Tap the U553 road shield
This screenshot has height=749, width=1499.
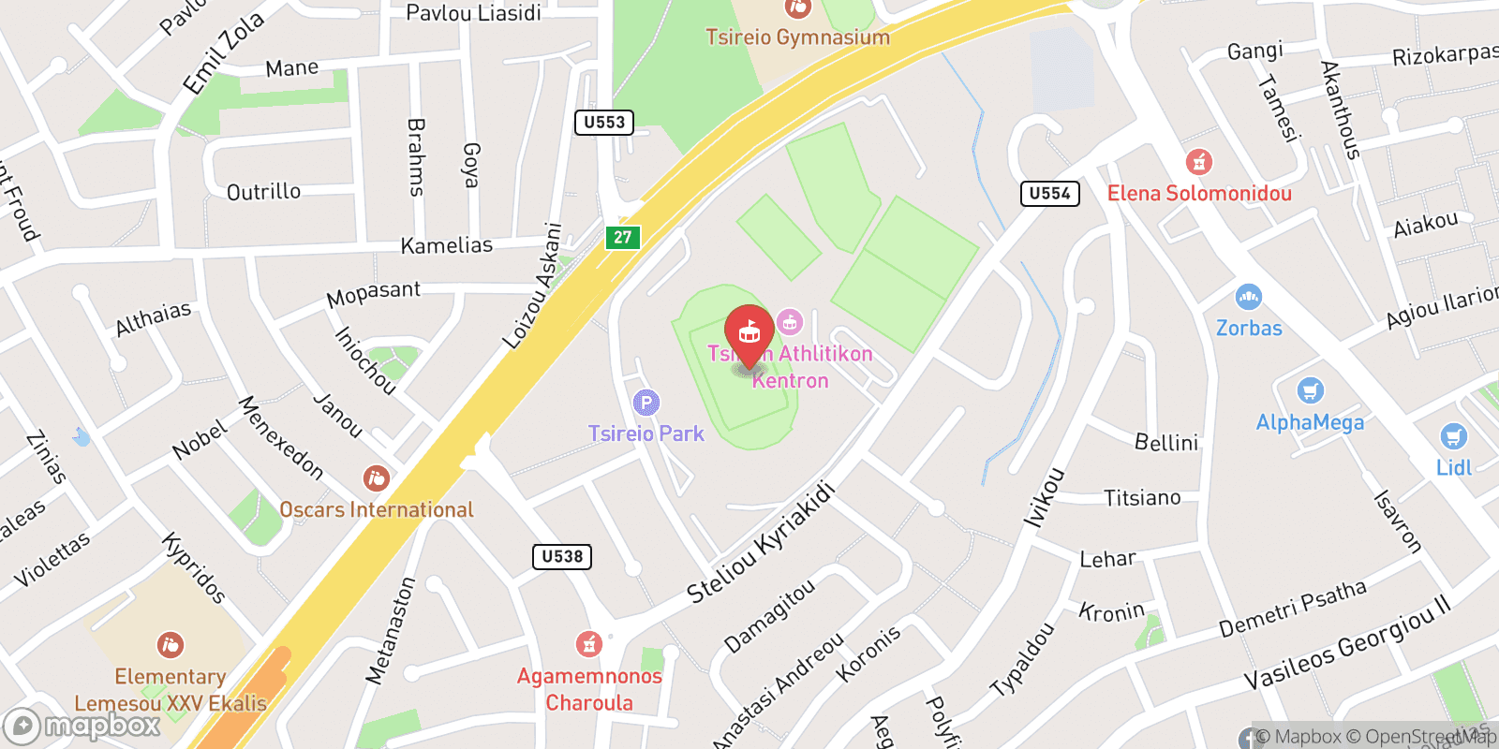[604, 123]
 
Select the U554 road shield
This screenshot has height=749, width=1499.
[1049, 194]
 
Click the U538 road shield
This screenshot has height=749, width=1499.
[562, 556]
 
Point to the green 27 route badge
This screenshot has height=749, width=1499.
[623, 237]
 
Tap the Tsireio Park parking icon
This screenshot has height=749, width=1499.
[646, 404]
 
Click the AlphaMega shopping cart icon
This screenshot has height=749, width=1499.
[1310, 391]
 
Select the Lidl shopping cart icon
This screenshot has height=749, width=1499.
[1453, 436]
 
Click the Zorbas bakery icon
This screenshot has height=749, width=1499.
[1248, 298]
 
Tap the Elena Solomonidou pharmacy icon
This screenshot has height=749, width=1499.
[1199, 162]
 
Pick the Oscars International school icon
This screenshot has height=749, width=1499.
[376, 478]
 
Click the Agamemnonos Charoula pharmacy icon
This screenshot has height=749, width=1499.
[588, 644]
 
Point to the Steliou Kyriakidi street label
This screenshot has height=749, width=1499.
[760, 543]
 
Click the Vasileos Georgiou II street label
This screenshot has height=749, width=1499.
[1346, 642]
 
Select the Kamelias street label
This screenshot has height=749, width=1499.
[446, 245]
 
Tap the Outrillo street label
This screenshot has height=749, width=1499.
[263, 192]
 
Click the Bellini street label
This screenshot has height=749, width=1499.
[1165, 442]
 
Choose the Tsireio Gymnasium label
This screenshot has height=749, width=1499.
[797, 37]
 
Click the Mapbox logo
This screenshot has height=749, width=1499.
[82, 726]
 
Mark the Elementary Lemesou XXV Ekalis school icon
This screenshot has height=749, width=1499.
[170, 645]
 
